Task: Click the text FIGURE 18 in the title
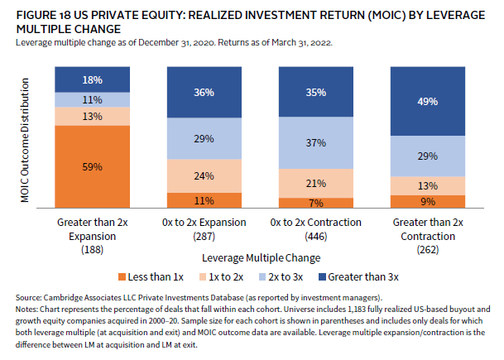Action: coord(39,16)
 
